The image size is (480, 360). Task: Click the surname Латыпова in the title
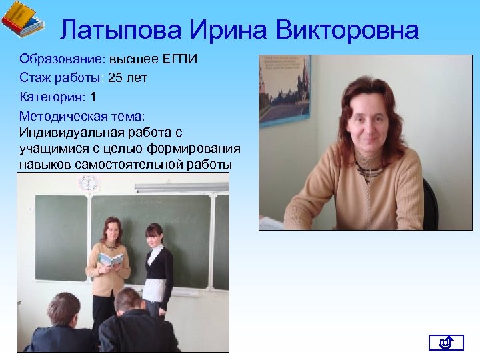point(120,30)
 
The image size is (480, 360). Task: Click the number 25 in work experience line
point(115,78)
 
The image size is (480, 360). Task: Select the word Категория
point(51,97)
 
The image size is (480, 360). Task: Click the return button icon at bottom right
point(445,343)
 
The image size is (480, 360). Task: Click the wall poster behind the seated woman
point(285,90)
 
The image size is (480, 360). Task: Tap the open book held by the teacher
point(111,259)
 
